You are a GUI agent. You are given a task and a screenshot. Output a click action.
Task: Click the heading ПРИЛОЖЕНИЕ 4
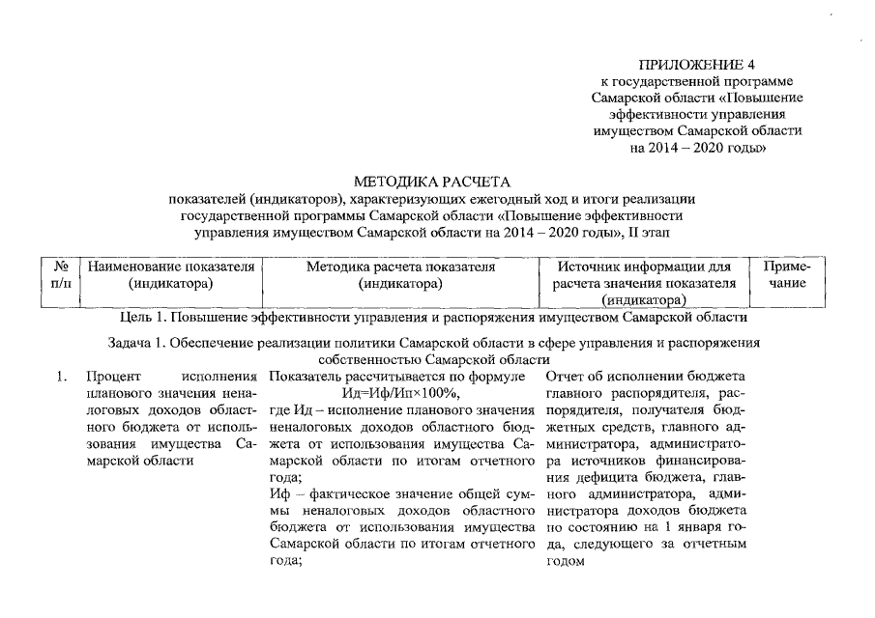(x=699, y=65)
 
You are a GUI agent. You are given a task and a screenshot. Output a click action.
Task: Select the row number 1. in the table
(x=61, y=376)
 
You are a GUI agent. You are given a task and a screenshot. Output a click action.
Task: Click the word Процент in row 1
(x=112, y=376)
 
